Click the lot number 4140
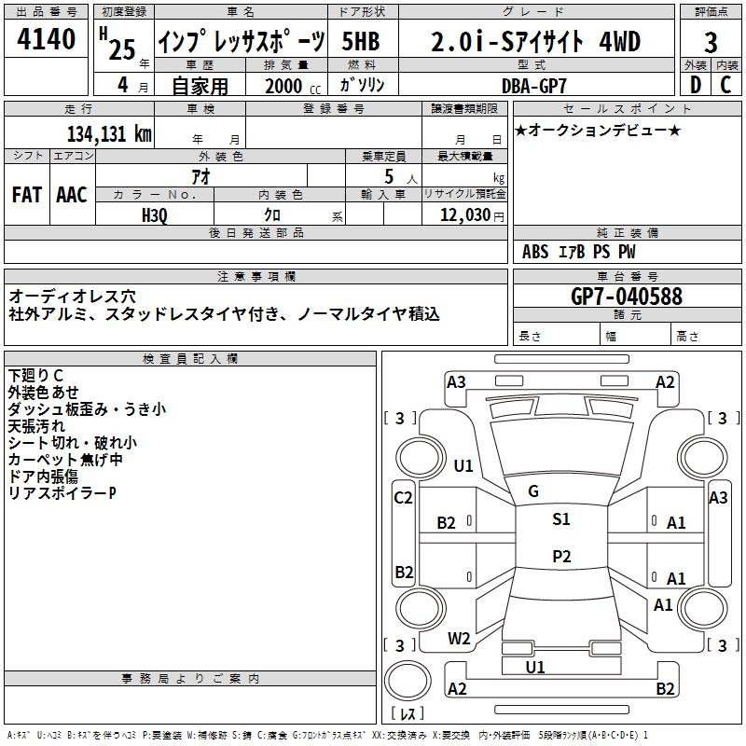click(46, 38)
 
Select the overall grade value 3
click(711, 42)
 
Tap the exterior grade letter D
click(696, 85)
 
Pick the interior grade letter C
click(725, 85)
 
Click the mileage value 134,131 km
click(109, 133)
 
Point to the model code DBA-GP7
click(534, 86)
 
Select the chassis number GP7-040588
click(627, 296)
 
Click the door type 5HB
click(361, 41)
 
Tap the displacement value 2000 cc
click(293, 86)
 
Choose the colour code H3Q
click(155, 215)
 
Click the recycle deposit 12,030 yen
click(472, 215)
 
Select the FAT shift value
click(27, 195)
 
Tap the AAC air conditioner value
click(72, 195)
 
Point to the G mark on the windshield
click(533, 491)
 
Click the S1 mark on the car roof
click(561, 519)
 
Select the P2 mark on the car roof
click(561, 556)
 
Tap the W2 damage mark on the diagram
click(459, 639)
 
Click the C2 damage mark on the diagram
click(403, 498)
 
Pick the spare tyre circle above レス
click(408, 680)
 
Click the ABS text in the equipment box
click(535, 252)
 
